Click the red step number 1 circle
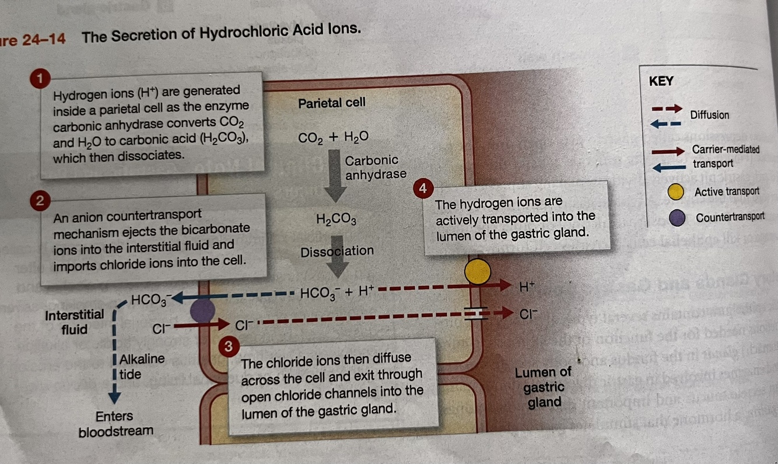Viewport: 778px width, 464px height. coord(40,78)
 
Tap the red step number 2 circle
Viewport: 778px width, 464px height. coord(39,201)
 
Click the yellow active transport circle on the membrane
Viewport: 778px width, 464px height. coord(477,271)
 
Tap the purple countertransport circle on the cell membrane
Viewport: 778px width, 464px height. coord(203,310)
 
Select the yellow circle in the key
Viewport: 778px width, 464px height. coord(675,191)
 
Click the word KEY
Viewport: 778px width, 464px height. coord(661,82)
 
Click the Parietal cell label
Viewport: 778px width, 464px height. coord(331,103)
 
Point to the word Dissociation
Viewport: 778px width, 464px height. coord(337,252)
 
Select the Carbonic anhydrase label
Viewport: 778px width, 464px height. coord(375,167)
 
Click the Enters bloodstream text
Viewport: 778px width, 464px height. coord(115,424)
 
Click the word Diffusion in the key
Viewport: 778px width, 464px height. coord(709,115)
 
